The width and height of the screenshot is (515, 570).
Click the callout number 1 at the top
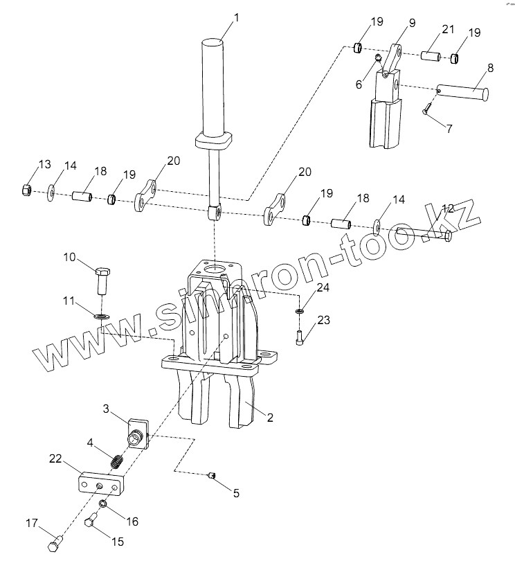[237, 17]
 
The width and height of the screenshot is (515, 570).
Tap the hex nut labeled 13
[26, 190]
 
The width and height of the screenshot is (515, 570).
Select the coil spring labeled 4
[116, 463]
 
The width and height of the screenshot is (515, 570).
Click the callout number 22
[55, 458]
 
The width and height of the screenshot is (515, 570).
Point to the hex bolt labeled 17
[55, 542]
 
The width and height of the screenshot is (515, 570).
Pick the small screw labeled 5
[212, 474]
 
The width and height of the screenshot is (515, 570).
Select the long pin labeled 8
[462, 93]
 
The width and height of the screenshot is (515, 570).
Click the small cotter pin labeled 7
[427, 109]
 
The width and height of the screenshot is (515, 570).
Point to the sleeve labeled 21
[431, 57]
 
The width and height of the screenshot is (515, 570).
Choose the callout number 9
[412, 23]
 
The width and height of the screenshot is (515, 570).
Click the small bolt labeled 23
[300, 337]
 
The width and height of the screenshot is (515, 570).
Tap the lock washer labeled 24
[300, 311]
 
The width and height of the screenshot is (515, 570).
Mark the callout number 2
[270, 418]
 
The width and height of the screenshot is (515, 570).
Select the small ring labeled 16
[102, 504]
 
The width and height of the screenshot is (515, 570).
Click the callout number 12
[448, 208]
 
